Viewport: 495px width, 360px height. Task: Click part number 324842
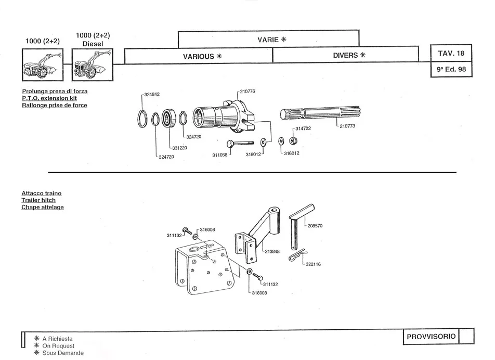coord(152,94)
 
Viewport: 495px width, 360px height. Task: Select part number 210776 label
coord(248,92)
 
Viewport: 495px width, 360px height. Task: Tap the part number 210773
coord(347,126)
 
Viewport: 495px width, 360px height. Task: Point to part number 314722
coord(303,128)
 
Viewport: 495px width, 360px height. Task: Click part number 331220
coord(179,148)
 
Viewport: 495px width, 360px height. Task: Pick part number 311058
coord(220,155)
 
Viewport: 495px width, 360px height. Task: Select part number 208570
coord(315,226)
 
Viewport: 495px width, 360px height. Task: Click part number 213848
coord(272,252)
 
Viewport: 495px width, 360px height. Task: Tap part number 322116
coord(313,264)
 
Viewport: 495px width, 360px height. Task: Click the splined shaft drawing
coord(320,113)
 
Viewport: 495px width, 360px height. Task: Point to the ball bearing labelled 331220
coord(168,119)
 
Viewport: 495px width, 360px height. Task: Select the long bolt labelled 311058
coord(240,144)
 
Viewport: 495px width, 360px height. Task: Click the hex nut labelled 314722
coord(293,140)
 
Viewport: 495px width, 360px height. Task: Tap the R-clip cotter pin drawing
coord(298,255)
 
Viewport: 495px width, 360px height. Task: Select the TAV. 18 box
coord(451,53)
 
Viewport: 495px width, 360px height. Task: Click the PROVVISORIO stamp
coord(431,337)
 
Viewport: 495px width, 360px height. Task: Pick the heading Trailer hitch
coord(38,200)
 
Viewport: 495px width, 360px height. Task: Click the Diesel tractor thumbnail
coord(93,65)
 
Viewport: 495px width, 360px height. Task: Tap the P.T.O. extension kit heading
coord(49,98)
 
